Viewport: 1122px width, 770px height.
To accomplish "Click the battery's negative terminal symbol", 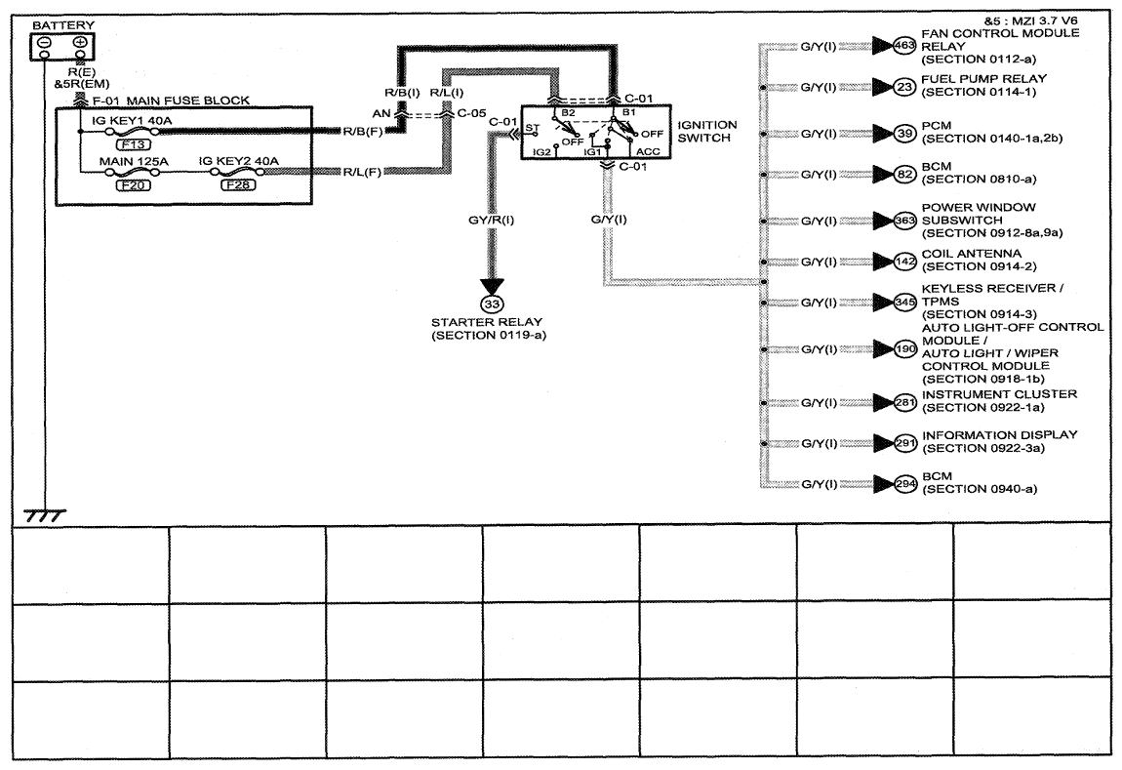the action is [44, 42].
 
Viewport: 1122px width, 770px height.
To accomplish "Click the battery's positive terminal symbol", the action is [80, 42].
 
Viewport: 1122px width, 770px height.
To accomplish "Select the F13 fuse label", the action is [133, 144].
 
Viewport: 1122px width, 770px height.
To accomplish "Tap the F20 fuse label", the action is [133, 185].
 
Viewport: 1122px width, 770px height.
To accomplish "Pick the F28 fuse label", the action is [238, 185].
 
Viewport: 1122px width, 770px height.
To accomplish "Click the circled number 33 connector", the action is [492, 304].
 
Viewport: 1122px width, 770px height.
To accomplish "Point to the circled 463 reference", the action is [905, 46].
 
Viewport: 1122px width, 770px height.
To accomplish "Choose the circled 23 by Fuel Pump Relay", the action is [905, 87].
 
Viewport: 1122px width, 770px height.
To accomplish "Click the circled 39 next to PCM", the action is [905, 134].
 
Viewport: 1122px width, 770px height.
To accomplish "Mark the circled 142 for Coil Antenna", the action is [905, 262].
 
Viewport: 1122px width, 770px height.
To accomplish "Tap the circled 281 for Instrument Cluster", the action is [905, 402].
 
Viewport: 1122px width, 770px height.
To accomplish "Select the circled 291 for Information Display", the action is [905, 443].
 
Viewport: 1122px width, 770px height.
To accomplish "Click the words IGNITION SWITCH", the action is [707, 131].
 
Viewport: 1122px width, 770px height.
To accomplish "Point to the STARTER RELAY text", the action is [487, 322].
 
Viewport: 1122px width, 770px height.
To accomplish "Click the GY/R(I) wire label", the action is [491, 220].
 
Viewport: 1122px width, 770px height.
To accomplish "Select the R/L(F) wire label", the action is [362, 173].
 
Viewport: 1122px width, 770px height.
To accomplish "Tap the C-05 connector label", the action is [471, 113].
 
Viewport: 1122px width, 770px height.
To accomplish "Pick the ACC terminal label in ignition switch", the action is [648, 151].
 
